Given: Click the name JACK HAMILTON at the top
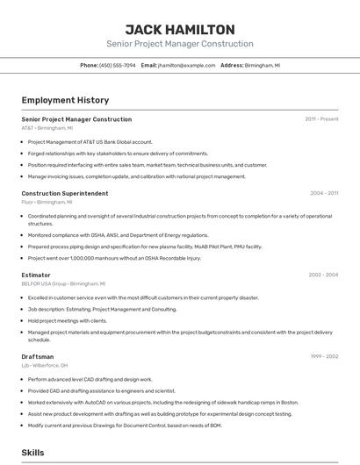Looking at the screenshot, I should [x=179, y=29].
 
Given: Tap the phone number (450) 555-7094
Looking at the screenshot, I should [x=118, y=65].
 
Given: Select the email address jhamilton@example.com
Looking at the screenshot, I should [x=186, y=65].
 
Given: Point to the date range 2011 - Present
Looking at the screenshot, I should [x=321, y=119].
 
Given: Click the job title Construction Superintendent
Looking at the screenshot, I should [x=65, y=193].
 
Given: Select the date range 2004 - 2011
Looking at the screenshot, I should [x=323, y=193].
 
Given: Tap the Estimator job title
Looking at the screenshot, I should [x=37, y=275].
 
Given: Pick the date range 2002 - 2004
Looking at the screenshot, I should [x=322, y=275].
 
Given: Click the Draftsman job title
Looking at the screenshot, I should [x=38, y=357].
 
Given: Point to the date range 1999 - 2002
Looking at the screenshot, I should [x=323, y=357].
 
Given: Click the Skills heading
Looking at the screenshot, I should [x=33, y=453].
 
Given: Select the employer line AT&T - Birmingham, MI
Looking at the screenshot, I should [x=47, y=128].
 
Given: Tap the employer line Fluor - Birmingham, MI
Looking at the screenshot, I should [x=47, y=202].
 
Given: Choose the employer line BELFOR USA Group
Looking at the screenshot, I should [x=63, y=284].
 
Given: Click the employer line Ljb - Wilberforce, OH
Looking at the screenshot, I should [x=45, y=366].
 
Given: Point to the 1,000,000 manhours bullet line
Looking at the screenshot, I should [x=114, y=258].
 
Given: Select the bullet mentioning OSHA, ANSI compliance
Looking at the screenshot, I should [x=118, y=235].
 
